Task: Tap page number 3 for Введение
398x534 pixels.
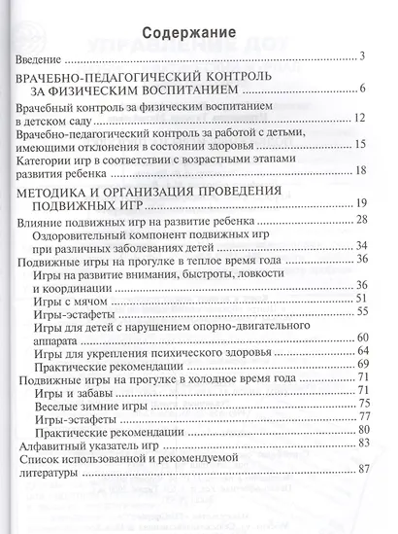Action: [359, 57]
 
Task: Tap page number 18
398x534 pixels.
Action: [359, 171]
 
